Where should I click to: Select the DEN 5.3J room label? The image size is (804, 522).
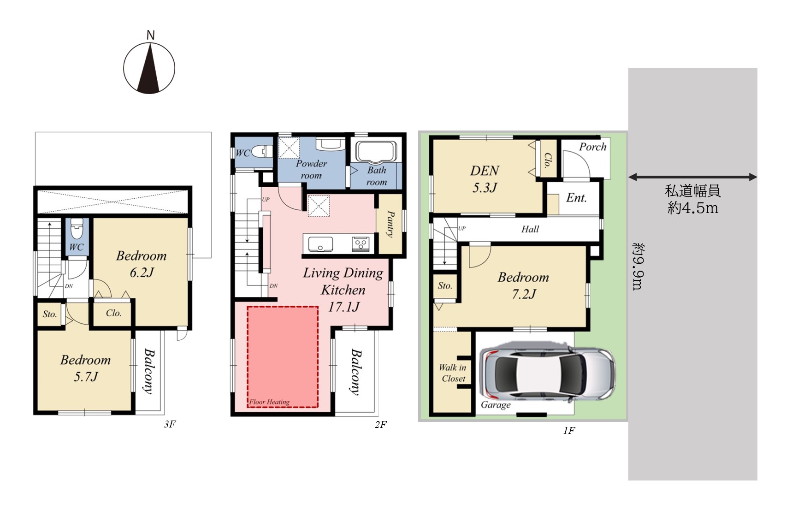485,179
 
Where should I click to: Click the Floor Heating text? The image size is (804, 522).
270,402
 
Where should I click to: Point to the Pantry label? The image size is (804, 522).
390,223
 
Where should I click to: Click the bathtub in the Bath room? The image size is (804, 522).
376,153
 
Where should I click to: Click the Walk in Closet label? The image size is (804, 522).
453,373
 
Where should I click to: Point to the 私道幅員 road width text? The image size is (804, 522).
692,191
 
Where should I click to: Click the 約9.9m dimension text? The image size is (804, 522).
638,267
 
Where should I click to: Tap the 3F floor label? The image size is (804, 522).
170,424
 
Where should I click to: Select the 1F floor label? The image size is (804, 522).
569,431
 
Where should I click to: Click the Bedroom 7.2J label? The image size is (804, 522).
524,285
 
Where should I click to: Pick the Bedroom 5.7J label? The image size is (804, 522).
86,368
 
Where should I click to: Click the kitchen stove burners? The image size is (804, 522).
361,243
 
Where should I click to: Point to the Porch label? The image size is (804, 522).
593,147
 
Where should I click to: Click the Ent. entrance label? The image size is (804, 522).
576,198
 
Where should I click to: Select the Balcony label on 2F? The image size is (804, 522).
355,372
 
